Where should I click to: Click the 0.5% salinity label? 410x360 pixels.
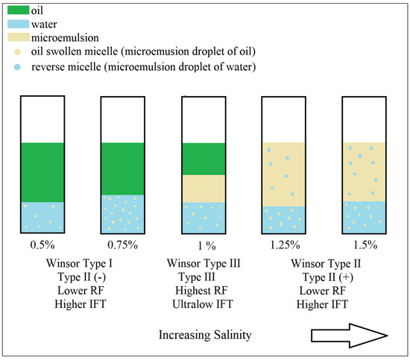tap(41, 244)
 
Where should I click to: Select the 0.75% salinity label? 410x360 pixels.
tap(121, 244)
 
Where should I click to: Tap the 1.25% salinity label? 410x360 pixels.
tap(285, 244)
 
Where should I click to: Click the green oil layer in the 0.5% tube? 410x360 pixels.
tap(41, 171)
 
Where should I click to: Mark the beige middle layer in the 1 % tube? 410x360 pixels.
tap(204, 188)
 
